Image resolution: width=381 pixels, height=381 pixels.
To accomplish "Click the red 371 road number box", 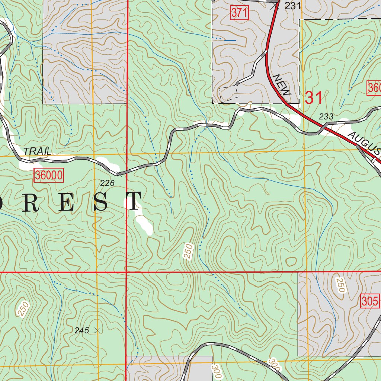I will coord(239,13).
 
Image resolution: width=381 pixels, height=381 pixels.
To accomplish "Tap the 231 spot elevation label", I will coord(292,6).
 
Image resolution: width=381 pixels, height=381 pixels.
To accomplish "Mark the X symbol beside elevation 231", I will coord(275,5).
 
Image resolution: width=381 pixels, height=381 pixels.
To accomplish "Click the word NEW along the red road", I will coord(282,85).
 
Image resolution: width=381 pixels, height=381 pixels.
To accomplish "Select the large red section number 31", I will coord(314,98).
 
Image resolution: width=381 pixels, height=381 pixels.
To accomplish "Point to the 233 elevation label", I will coord(326,116).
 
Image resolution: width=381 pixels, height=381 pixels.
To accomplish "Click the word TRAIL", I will coord(37,151).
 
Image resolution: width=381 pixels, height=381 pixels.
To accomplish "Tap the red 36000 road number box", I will coord(49,175).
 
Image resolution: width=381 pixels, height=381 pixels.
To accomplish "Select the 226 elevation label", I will coord(107,183).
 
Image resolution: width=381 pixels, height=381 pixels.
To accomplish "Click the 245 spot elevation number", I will coord(81,330).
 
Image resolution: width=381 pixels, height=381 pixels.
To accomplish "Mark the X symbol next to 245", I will coord(97,330).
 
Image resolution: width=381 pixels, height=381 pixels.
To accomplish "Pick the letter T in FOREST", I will coord(133,202).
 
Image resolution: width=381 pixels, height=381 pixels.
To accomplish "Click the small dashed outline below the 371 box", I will coord(228,93).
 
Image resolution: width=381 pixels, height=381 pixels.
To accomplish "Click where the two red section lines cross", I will coord(127,272).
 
